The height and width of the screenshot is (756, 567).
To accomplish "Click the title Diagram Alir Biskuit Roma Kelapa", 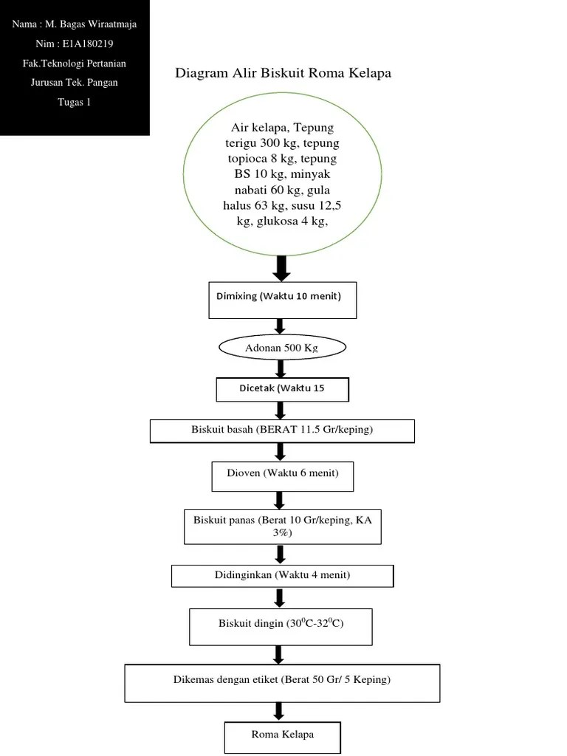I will tap(283, 73).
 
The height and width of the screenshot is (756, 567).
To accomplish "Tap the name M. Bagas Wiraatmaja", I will tap(91, 24).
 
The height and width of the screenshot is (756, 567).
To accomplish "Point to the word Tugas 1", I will tap(74, 102).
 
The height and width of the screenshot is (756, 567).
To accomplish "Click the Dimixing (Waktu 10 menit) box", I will tap(283, 300).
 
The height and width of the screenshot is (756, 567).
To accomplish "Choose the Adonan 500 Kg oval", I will tap(283, 347).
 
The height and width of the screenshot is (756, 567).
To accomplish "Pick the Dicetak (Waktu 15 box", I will tap(282, 388).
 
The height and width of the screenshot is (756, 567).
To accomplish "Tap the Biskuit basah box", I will tap(282, 430).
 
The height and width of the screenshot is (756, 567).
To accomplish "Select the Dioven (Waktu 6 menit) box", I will tap(282, 476).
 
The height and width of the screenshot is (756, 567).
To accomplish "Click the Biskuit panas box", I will tap(282, 526).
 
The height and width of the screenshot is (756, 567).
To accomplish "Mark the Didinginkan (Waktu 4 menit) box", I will tap(282, 574).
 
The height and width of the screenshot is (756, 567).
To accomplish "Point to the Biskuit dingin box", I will tap(281, 625).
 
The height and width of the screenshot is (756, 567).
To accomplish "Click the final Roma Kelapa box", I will tap(282, 735).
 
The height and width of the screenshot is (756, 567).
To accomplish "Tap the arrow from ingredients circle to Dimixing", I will tap(281, 267).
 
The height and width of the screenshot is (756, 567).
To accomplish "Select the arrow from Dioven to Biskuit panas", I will tap(281, 500).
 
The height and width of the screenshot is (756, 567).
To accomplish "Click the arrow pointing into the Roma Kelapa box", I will tap(280, 711).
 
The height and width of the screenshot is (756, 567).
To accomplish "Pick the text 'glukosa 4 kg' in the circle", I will tap(292, 221).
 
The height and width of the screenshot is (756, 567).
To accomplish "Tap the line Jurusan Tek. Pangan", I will tap(74, 83).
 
